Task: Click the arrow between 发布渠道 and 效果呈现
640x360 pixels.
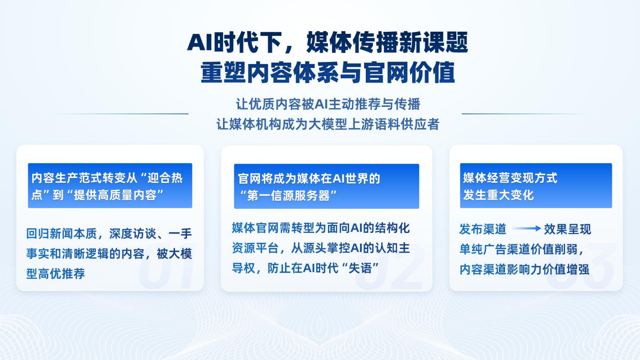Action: click(x=526, y=228)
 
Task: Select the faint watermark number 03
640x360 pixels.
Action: click(x=580, y=265)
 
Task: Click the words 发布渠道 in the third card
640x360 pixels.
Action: click(x=483, y=229)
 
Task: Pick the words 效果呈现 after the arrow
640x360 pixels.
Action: click(x=568, y=229)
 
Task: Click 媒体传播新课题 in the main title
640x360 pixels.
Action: click(x=387, y=43)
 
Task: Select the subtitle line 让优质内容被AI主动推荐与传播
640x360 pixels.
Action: click(x=328, y=104)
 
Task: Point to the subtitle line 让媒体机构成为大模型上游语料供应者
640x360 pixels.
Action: click(x=328, y=124)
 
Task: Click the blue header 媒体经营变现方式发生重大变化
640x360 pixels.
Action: click(x=536, y=185)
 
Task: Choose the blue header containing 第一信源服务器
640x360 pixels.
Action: click(x=326, y=186)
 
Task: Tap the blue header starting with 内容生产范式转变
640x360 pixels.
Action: click(x=110, y=185)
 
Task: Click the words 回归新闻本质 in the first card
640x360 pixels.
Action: click(x=62, y=234)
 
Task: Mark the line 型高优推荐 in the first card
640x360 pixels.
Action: click(x=56, y=274)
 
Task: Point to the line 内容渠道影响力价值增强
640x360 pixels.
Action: click(x=524, y=269)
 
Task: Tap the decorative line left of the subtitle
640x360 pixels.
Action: click(x=120, y=113)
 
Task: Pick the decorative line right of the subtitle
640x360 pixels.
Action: click(x=524, y=113)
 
